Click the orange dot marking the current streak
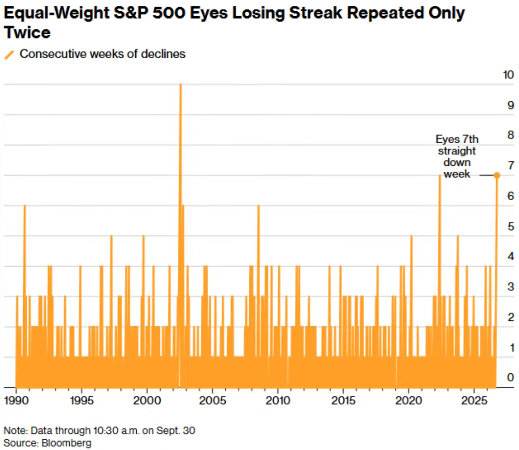tap(497, 175)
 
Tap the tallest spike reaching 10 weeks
tap(181, 84)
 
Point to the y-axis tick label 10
tap(509, 75)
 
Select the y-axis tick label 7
tap(511, 165)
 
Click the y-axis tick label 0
tap(511, 377)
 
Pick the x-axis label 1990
tap(16, 400)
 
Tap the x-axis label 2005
tap(213, 400)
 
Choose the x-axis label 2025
tap(474, 400)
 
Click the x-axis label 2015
tap(343, 400)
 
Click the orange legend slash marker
tap(9, 55)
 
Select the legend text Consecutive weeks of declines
tap(103, 54)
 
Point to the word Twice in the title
tap(27, 33)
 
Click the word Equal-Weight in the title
tap(57, 13)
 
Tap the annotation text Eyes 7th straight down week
tap(457, 156)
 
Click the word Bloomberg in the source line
tap(66, 443)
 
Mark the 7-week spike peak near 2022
tap(439, 175)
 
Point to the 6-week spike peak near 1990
tap(24, 206)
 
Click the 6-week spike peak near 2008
tap(258, 206)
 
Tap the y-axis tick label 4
tap(511, 256)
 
